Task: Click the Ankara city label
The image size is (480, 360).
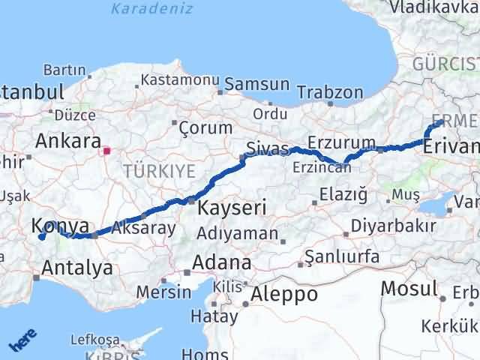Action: click(68, 142)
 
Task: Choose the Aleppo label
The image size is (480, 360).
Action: click(284, 294)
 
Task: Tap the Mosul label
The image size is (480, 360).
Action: click(409, 287)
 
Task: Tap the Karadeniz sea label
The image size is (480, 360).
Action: click(151, 9)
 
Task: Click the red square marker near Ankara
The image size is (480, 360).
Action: click(106, 150)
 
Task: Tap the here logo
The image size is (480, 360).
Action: click(22, 342)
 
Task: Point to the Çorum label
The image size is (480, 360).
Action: click(205, 127)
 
